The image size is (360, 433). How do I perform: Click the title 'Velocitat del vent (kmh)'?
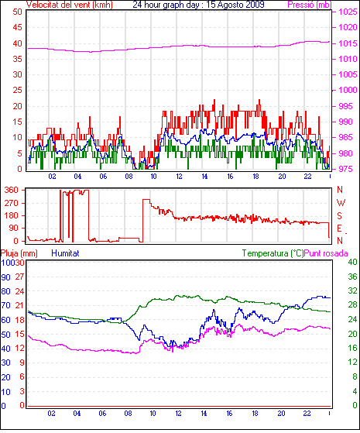(x=70, y=5)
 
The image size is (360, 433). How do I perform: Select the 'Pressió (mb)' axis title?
(x=310, y=5)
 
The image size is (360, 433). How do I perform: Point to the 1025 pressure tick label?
(x=348, y=12)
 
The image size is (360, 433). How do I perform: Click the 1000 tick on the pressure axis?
(x=348, y=90)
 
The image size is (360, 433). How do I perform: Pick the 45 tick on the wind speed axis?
(x=17, y=27)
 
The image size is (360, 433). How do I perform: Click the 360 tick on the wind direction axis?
(x=12, y=190)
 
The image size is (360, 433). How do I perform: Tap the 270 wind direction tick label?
(x=12, y=203)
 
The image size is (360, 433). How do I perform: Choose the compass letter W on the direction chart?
(x=341, y=203)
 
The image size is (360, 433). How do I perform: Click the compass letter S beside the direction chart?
(x=340, y=215)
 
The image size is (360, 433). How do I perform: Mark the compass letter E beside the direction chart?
(x=340, y=228)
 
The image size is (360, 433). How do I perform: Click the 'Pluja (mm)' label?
(x=19, y=253)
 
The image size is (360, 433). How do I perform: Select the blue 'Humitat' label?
(x=66, y=253)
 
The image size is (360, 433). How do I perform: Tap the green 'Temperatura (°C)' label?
(x=273, y=253)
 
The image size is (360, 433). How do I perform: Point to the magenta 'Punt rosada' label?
(x=326, y=253)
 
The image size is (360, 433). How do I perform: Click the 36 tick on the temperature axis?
(x=352, y=277)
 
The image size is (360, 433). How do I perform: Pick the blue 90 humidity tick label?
(x=5, y=277)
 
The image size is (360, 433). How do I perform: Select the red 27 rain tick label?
(x=19, y=277)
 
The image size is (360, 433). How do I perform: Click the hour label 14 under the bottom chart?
(x=204, y=414)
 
